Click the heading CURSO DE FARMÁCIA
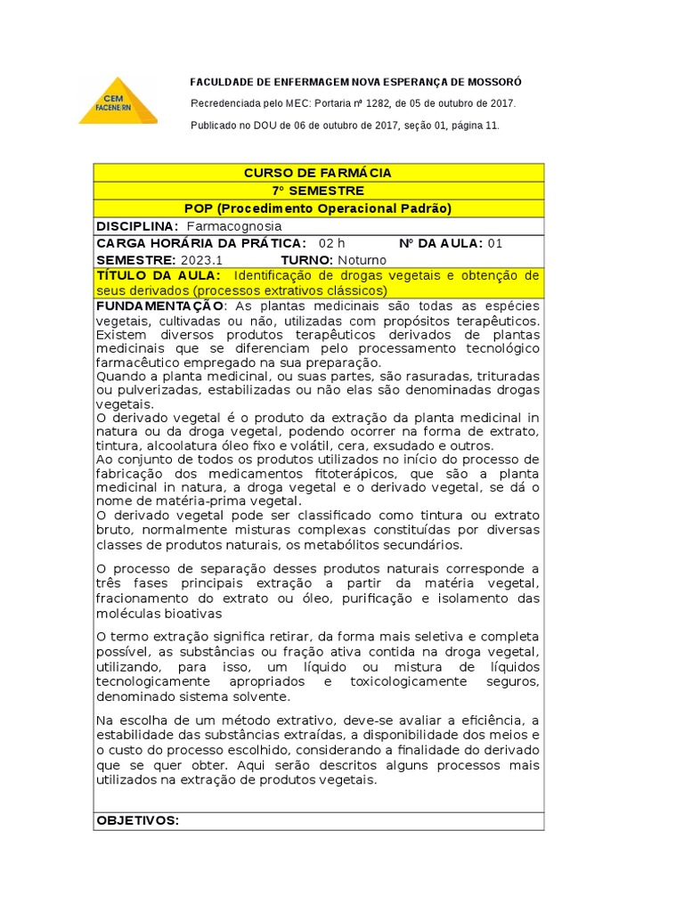(318, 173)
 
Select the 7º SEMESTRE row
(318, 191)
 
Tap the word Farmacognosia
(233, 226)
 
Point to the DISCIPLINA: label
(137, 226)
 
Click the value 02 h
(331, 243)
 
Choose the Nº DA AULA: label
(441, 243)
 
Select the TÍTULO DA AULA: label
(158, 276)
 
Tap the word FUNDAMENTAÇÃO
(153, 305)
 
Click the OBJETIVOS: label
(138, 820)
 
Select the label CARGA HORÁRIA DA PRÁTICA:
(200, 243)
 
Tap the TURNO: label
(307, 260)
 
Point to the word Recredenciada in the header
(225, 103)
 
